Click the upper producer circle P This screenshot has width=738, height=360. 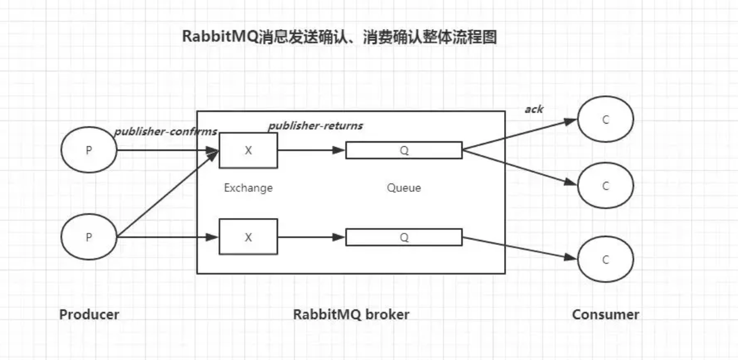click(x=89, y=150)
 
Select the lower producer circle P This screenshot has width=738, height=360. click(x=89, y=237)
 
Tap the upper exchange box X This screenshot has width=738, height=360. click(x=248, y=150)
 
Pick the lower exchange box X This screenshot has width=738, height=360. click(x=248, y=237)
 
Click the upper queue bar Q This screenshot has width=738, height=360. click(x=404, y=150)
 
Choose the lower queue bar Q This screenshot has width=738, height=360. click(x=404, y=238)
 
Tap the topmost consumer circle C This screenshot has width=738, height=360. click(x=606, y=119)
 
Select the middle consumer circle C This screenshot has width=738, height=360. click(x=606, y=186)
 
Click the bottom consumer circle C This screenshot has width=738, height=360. click(x=606, y=259)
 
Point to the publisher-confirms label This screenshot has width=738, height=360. click(x=165, y=131)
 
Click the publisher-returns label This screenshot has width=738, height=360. click(x=315, y=126)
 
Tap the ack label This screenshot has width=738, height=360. click(x=534, y=109)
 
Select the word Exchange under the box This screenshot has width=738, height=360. click(x=248, y=188)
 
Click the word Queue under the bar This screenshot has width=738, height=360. click(x=404, y=188)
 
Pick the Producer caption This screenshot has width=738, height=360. click(x=89, y=314)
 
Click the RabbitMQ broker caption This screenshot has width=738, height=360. click(x=351, y=314)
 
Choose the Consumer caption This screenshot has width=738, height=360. click(x=606, y=314)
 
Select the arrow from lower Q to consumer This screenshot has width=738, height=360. click(x=520, y=248)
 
